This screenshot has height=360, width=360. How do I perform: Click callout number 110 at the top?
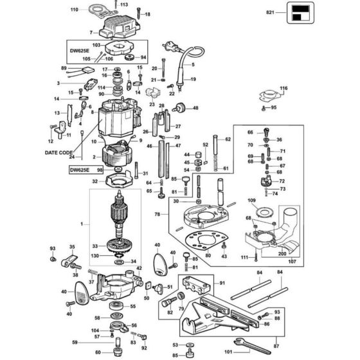point(73,10)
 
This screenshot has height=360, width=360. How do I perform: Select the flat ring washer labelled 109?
point(263,212)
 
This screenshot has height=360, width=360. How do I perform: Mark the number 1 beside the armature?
point(81,223)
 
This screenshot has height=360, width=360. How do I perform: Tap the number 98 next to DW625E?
point(100,170)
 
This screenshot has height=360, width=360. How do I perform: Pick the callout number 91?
point(222,283)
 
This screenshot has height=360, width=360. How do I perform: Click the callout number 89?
point(64,68)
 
